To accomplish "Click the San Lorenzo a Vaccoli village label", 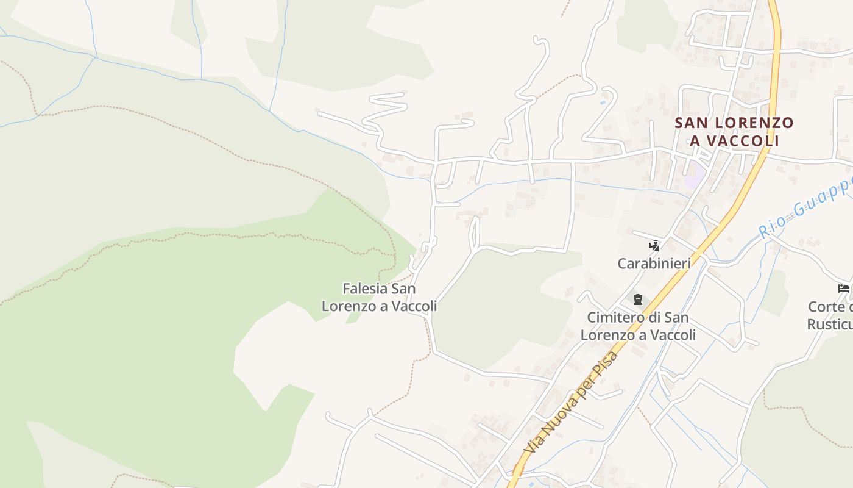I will coord(734,132).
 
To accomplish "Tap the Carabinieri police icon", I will coord(654,246).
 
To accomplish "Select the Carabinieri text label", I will coord(654,264).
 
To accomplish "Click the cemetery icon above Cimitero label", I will coord(637,300).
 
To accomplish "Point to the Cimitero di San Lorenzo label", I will coord(638,326).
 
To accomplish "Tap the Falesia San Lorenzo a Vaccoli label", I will coord(379,297).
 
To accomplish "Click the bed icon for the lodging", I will coord(844,289).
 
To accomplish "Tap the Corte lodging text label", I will coord(831,315).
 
